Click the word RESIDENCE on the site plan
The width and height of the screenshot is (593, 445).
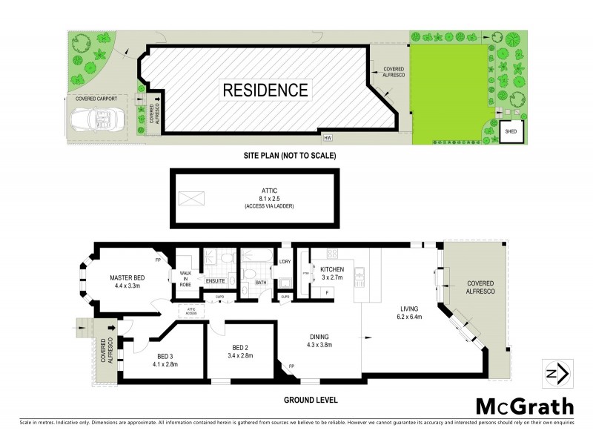click(x=265, y=90)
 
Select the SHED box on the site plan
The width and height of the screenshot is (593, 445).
click(x=511, y=131)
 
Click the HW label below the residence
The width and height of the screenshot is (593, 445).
click(x=327, y=137)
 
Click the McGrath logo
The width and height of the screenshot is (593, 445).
click(x=524, y=406)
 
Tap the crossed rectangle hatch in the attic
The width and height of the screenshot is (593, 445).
click(x=191, y=198)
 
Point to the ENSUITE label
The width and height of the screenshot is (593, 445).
click(x=216, y=281)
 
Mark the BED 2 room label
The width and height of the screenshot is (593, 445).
click(x=242, y=351)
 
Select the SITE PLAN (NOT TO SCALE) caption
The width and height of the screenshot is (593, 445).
click(x=290, y=156)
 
